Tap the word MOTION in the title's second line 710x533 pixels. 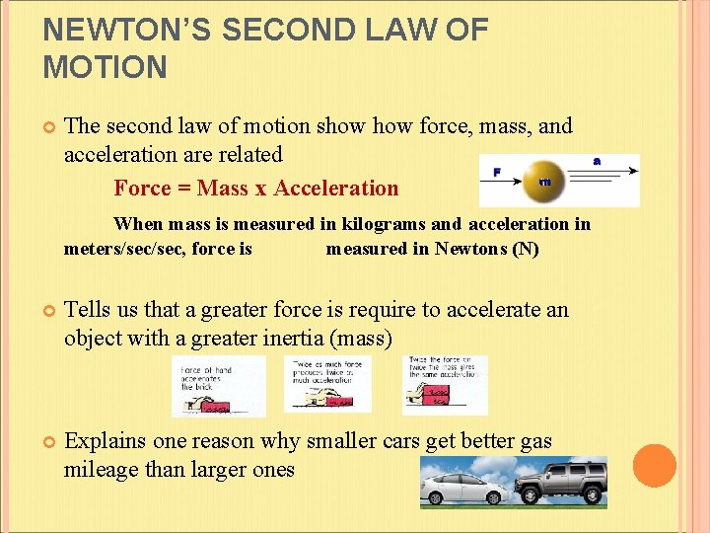point(106,67)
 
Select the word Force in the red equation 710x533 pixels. point(142,188)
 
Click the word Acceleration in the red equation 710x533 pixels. point(336,188)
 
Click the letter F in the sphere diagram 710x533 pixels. point(496,171)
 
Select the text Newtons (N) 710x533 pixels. point(486,249)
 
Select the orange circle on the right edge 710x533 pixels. point(654,465)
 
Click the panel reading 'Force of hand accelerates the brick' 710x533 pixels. point(219,385)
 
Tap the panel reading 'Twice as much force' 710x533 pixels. point(328,384)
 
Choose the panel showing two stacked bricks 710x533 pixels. point(444,385)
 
